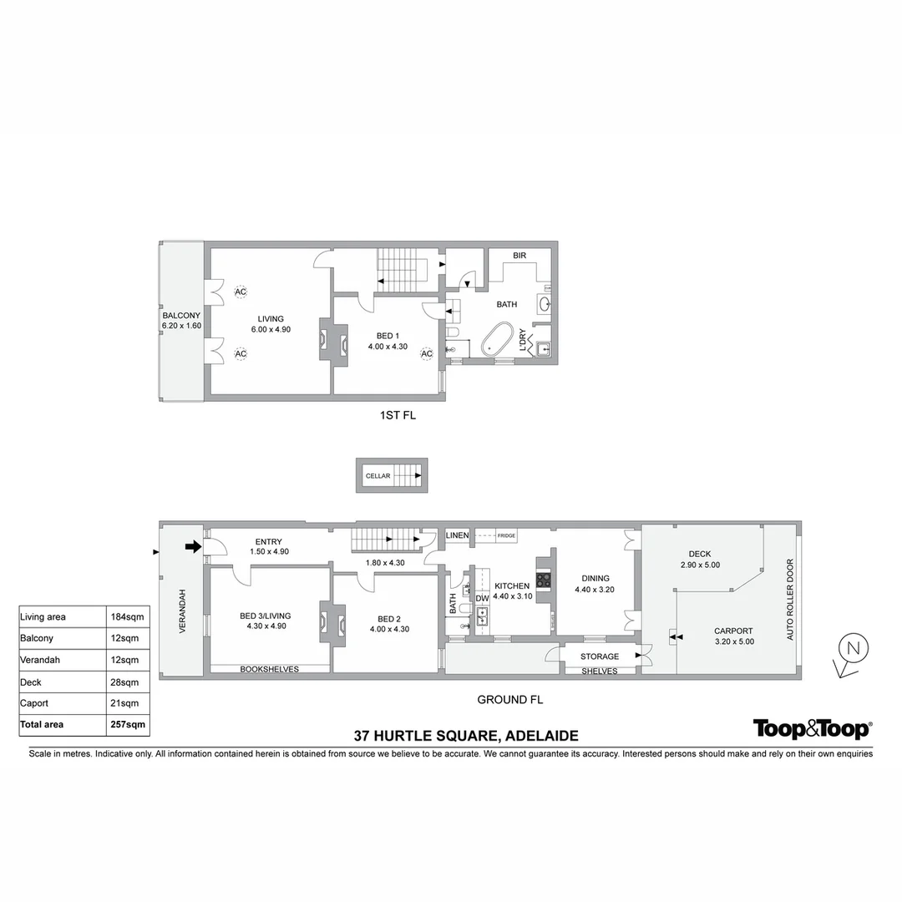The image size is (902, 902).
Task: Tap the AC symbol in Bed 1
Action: click(x=426, y=354)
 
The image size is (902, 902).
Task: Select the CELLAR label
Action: click(x=378, y=476)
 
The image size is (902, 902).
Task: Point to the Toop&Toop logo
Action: click(x=812, y=729)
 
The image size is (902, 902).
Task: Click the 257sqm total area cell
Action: click(x=128, y=725)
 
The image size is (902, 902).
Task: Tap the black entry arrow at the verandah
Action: click(x=192, y=547)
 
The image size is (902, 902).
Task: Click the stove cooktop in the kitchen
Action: click(x=543, y=580)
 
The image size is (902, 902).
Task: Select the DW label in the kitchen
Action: click(x=482, y=599)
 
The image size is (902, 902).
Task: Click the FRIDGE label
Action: click(x=507, y=536)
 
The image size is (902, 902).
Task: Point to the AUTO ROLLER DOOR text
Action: click(x=790, y=600)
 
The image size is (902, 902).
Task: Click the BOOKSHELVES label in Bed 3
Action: click(x=270, y=669)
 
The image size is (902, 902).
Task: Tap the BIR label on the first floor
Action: click(x=519, y=256)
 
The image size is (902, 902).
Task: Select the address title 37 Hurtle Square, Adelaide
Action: click(x=466, y=736)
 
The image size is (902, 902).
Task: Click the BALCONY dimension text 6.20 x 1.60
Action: click(x=181, y=326)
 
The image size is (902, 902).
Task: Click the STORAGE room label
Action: click(x=600, y=656)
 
